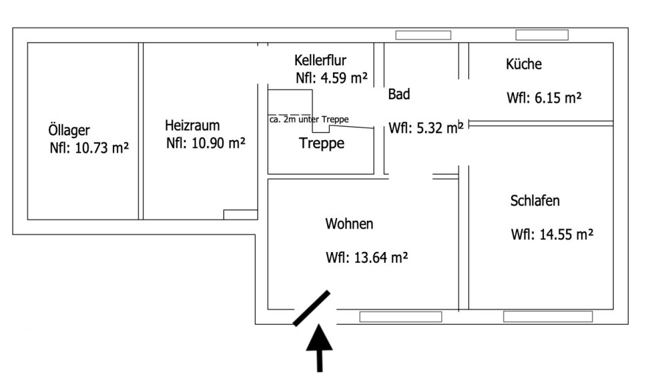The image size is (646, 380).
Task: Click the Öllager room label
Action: click(x=68, y=131)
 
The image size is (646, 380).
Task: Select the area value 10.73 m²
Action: click(x=89, y=149)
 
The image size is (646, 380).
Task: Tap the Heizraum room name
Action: click(x=192, y=125)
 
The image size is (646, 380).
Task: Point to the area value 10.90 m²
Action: click(x=206, y=143)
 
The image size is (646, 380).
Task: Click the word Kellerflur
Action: click(x=320, y=61)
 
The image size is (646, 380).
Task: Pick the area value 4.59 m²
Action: click(x=332, y=78)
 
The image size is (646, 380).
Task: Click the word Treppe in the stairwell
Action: click(x=322, y=143)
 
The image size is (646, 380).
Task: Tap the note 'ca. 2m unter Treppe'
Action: click(x=309, y=119)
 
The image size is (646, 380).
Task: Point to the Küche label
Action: click(x=524, y=65)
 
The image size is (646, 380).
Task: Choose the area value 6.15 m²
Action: click(x=544, y=98)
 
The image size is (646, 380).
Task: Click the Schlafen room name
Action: click(x=535, y=201)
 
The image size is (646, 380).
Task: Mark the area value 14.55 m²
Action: click(x=552, y=235)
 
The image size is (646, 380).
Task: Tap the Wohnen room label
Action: click(x=349, y=224)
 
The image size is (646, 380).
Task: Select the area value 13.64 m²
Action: click(x=367, y=258)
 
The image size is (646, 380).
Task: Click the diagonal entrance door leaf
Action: click(x=312, y=308)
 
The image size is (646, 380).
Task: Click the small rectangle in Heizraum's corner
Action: click(x=240, y=214)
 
